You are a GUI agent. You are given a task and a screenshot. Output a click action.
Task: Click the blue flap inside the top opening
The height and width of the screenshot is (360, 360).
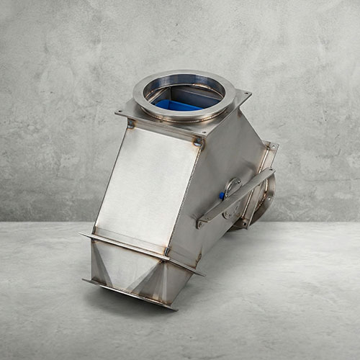click(x=176, y=106)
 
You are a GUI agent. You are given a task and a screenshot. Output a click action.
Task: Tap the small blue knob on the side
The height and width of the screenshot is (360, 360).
click(x=222, y=195)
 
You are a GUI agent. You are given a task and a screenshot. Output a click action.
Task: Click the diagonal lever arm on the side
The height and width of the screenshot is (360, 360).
click(x=236, y=197)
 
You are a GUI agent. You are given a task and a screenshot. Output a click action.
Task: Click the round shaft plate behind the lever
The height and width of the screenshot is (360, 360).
click(x=232, y=188)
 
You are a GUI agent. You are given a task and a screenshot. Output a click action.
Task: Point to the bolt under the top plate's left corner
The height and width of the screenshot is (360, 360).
click(x=130, y=123)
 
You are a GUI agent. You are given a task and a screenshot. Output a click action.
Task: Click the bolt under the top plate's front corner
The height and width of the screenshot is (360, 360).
click(x=197, y=143)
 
